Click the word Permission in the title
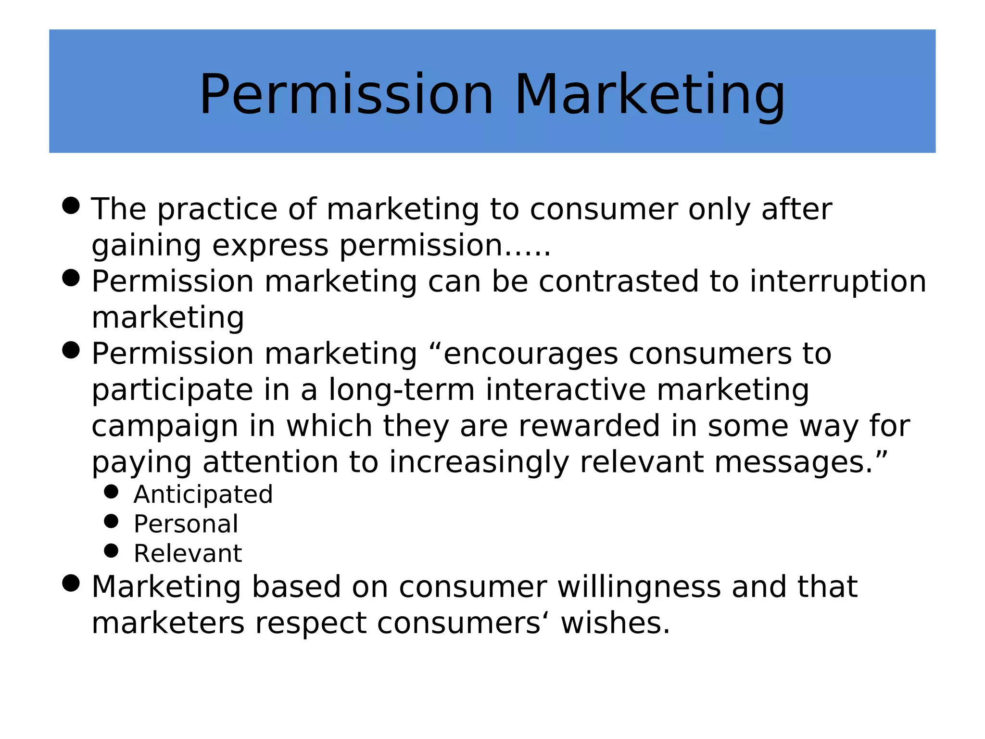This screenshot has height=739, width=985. click(x=346, y=95)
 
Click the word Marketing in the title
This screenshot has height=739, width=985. click(x=649, y=95)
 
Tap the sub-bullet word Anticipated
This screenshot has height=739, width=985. click(x=203, y=495)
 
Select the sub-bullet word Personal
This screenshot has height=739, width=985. click(x=186, y=524)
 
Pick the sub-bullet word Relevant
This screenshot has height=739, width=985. click(x=188, y=553)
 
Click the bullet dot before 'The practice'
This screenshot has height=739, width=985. click(x=71, y=205)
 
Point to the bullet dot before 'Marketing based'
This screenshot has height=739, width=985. click(x=71, y=583)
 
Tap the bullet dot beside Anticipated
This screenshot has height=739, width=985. click(x=111, y=492)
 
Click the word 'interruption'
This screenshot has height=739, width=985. click(x=837, y=281)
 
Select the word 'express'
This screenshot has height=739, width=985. click(x=270, y=246)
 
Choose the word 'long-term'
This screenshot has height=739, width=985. click(x=402, y=390)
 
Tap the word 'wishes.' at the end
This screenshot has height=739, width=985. click(x=615, y=624)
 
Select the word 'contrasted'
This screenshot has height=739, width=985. click(x=618, y=281)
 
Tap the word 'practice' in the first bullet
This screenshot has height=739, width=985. click(x=217, y=210)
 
